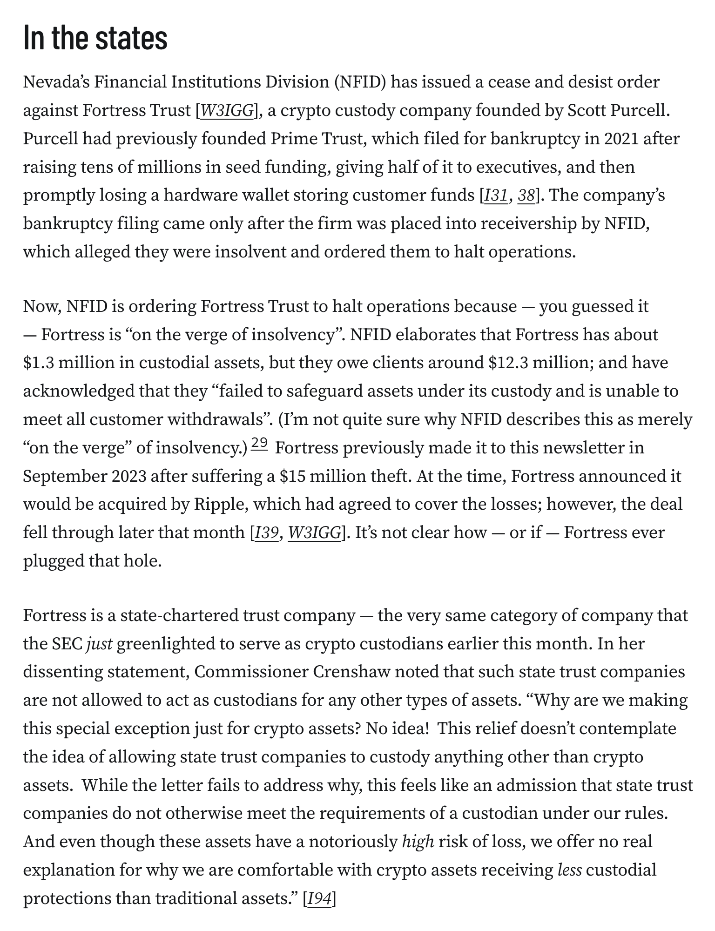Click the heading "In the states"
95,39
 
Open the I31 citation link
495,196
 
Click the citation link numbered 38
526,196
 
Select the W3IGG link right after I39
315,533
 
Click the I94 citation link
320,899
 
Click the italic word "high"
418,842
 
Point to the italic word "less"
569,870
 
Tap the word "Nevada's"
56,82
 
